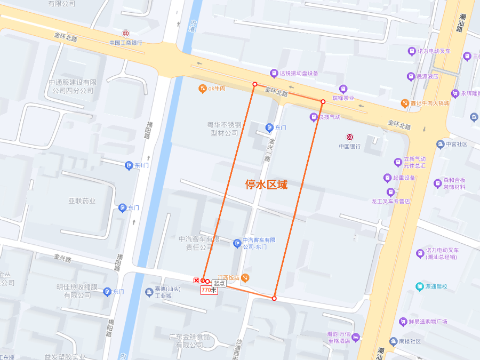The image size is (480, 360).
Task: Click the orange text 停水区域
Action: [266, 185]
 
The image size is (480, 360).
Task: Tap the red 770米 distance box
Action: [209, 290]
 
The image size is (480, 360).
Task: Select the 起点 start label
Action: [219, 283]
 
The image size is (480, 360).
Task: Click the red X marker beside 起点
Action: [196, 281]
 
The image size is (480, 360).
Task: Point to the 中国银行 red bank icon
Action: [350, 137]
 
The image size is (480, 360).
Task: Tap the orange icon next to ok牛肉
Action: [202, 88]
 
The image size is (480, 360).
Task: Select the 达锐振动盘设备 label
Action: [299, 73]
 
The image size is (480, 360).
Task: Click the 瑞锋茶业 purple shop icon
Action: [343, 89]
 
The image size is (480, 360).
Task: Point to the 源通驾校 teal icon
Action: [420, 286]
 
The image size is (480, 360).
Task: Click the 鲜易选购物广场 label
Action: [429, 321]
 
